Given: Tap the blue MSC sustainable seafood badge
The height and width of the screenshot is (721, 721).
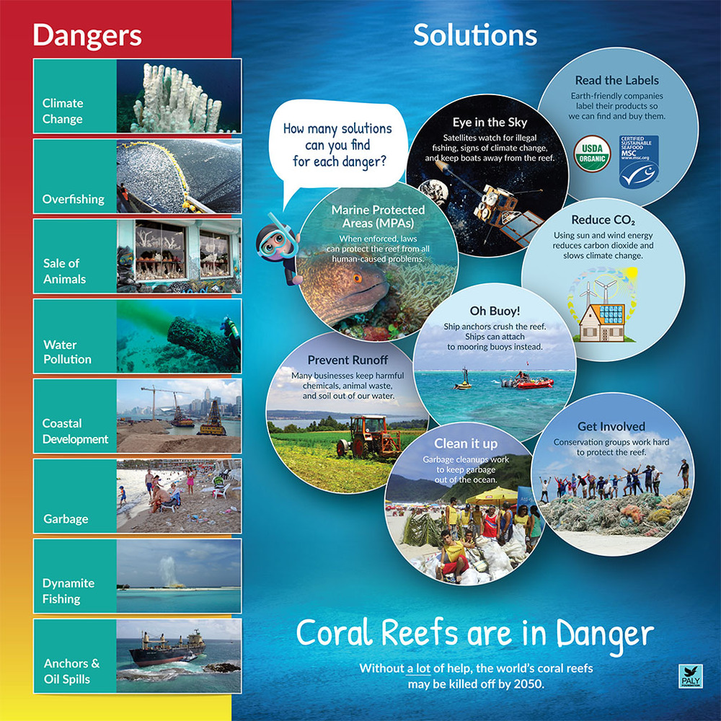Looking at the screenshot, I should tap(639, 162).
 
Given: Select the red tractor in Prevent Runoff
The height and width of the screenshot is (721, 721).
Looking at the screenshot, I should tap(369, 434).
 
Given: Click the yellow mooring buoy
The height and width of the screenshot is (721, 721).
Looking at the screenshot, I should tap(463, 381).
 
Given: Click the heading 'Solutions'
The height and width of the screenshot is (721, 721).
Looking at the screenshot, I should tap(475, 35).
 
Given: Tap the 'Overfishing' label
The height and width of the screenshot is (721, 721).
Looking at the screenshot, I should tap(73, 199).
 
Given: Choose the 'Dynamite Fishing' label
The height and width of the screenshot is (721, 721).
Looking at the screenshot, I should tap(68, 590).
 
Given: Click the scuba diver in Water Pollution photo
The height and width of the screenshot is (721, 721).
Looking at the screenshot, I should tap(231, 332).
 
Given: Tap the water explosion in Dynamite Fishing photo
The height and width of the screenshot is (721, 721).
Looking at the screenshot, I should tap(169, 570).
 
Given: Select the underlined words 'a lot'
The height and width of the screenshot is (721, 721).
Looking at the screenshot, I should tap(418, 668).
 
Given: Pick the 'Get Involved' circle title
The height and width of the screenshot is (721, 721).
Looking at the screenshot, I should tap(611, 426).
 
